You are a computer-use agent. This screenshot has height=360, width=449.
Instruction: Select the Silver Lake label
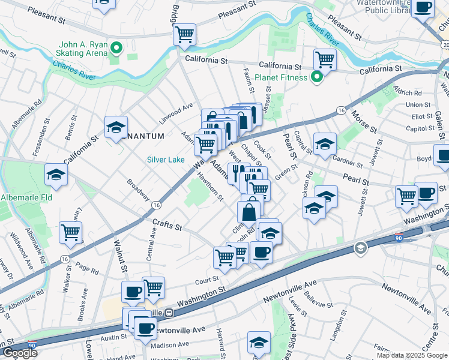coord(166,160)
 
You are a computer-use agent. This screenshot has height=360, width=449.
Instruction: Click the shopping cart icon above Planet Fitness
coord(325,59)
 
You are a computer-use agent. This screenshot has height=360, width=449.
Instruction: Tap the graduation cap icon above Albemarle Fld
coord(56,175)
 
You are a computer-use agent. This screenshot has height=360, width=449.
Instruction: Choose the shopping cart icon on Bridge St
coord(184,34)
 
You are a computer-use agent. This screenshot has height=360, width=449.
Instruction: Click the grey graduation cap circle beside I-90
coord(360,248)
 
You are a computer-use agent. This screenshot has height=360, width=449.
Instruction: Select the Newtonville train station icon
coord(170,313)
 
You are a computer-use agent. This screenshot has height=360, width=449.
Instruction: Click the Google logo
coord(19,353)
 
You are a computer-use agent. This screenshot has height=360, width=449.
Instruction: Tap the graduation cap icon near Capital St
coord(325,144)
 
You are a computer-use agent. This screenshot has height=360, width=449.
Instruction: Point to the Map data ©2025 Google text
coord(412,355)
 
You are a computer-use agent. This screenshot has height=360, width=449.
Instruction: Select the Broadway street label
coord(138,188)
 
